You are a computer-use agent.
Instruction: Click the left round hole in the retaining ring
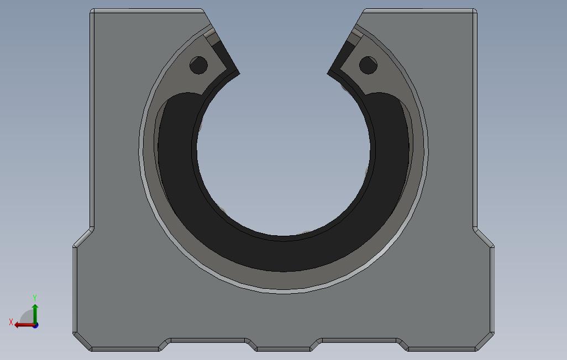click(x=198, y=65)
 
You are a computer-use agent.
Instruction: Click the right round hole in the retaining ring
click(x=368, y=65)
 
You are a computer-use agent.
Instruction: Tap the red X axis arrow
click(x=24, y=325)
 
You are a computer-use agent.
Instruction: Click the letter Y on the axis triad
click(x=35, y=298)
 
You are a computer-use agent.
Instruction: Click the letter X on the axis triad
click(x=11, y=322)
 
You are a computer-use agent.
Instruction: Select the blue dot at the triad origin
click(x=35, y=326)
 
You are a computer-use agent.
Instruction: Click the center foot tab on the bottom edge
click(x=283, y=349)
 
